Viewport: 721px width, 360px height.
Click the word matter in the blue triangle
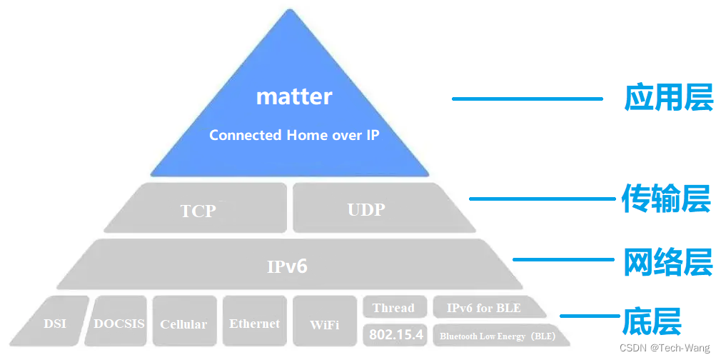click(x=294, y=96)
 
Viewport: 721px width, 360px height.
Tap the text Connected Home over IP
click(x=294, y=135)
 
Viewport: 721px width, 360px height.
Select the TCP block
click(x=198, y=210)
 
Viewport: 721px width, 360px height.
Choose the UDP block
click(x=366, y=209)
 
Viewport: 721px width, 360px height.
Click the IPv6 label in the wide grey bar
click(x=287, y=266)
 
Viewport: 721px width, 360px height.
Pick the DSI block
click(x=55, y=323)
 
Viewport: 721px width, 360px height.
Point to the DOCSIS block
click(x=119, y=323)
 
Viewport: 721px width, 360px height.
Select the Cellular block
click(x=183, y=324)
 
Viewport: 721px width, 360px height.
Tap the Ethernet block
click(x=254, y=323)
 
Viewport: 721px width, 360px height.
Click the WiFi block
click(x=325, y=324)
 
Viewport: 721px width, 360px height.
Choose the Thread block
click(x=393, y=308)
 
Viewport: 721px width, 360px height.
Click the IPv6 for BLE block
click(x=484, y=308)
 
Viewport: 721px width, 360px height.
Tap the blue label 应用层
click(x=668, y=98)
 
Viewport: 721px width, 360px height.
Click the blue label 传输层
click(x=665, y=199)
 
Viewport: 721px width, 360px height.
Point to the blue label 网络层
click(x=667, y=261)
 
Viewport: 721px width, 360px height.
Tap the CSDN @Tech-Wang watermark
click(x=665, y=348)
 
